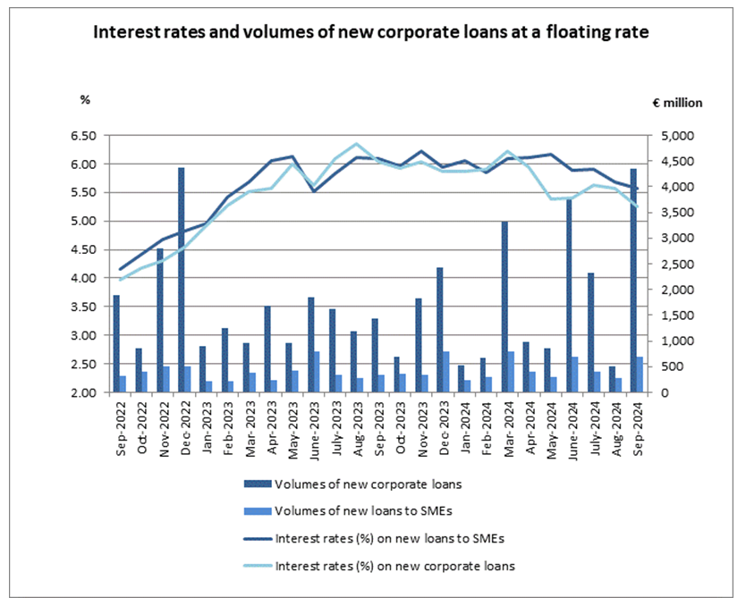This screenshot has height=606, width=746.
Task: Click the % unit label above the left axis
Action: [x=86, y=99]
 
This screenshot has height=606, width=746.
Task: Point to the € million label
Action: [x=677, y=103]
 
